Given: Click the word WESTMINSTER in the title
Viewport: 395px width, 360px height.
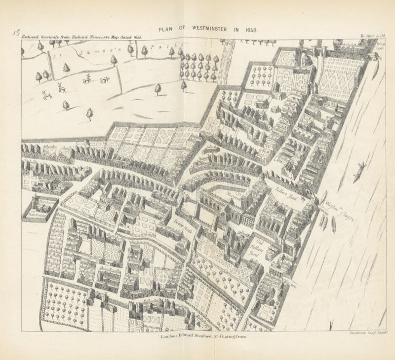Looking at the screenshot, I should [205, 30].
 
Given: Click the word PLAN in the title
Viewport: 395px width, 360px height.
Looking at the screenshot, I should [166, 30].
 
